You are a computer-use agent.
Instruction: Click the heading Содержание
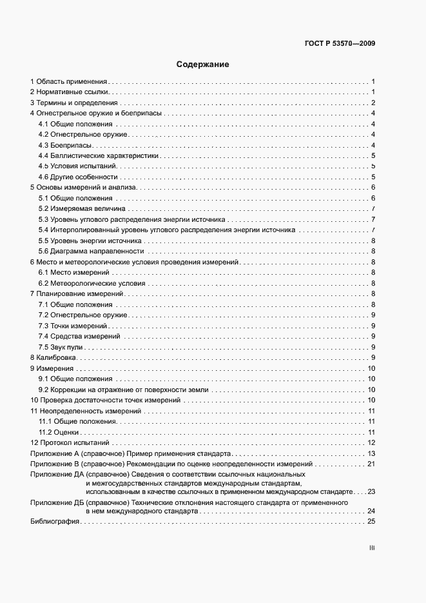203,64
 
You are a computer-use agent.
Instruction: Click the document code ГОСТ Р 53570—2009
340,44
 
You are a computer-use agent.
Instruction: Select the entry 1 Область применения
68,82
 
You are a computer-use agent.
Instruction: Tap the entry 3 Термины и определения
74,103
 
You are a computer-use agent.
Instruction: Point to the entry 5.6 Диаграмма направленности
91,251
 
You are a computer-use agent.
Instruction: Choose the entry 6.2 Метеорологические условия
92,282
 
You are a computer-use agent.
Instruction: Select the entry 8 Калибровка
53,357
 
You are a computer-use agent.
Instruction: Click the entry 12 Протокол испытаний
70,443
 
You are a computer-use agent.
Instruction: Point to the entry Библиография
54,521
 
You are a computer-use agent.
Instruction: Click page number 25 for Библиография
371,521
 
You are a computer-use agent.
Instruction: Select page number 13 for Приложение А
371,453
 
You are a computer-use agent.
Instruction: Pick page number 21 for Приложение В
371,464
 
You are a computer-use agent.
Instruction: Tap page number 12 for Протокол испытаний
371,443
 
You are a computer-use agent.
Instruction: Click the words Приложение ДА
54,475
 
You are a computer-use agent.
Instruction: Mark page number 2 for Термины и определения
373,103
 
